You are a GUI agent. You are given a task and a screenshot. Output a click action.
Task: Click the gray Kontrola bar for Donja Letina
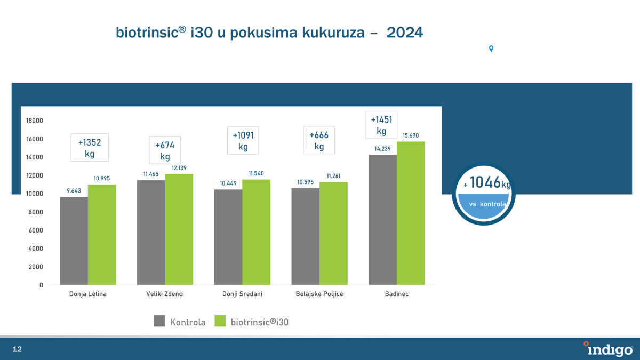74,241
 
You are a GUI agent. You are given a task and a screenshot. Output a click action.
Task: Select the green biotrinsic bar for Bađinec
411,213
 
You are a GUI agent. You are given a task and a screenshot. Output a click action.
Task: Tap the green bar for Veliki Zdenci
179,229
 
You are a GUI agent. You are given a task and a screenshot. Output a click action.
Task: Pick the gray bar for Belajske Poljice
305,236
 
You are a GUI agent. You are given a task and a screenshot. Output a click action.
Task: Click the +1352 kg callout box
90,148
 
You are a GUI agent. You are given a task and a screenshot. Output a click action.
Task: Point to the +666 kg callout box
319,140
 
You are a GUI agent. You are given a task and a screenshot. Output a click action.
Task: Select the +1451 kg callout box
381,125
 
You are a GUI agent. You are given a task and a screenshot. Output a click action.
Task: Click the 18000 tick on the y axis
34,121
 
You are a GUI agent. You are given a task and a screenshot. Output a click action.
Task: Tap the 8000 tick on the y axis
36,212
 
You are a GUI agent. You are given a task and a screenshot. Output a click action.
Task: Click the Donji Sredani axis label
242,294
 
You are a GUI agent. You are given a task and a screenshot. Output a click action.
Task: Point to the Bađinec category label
397,294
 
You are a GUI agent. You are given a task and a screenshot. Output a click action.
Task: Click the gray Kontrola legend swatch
159,321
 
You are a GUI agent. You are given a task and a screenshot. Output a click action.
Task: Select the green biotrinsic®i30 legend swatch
220,321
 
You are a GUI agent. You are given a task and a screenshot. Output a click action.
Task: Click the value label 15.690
411,136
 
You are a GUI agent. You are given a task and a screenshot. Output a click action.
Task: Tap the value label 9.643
74,190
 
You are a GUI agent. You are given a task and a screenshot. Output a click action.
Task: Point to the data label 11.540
256,174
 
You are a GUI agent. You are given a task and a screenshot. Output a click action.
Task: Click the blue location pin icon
491,49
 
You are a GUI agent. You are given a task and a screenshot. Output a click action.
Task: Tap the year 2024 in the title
405,33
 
